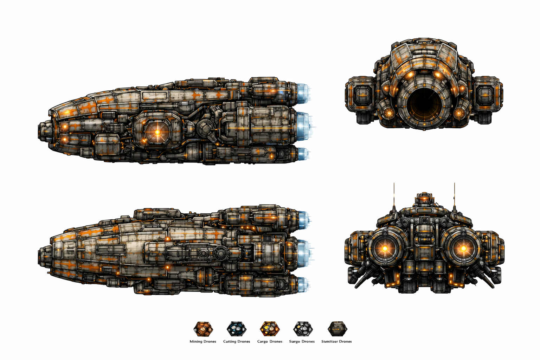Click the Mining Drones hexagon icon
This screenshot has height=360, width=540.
point(203,329)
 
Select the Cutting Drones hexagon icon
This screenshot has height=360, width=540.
point(236,329)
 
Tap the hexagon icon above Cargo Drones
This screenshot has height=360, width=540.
point(270,329)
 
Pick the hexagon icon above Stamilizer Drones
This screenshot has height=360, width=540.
point(337,329)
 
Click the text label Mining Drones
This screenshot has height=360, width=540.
point(203,341)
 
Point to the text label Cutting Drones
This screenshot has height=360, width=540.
point(236,341)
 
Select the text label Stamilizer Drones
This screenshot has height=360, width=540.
point(336,341)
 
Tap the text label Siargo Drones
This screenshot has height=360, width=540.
point(302,341)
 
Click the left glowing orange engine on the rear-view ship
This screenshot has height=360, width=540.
point(385,249)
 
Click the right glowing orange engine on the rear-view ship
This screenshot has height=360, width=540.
point(463,249)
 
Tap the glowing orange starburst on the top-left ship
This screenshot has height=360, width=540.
point(157,132)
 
